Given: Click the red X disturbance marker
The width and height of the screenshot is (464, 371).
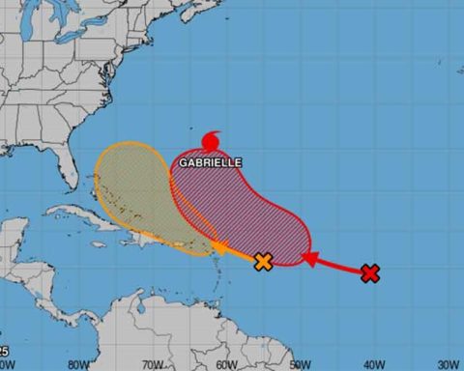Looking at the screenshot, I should [x=369, y=273].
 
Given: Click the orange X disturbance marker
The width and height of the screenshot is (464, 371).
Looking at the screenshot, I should [x=262, y=261].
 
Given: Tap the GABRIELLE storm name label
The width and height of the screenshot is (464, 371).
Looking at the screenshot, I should [x=210, y=163].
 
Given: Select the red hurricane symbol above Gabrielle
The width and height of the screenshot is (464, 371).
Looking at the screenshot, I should [x=210, y=142].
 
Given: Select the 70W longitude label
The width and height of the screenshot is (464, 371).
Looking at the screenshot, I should [x=151, y=364].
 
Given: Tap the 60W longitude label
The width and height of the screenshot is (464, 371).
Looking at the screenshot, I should [x=225, y=364].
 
